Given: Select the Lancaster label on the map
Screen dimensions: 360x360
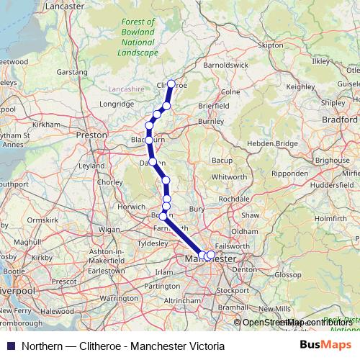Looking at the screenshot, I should point(65,6).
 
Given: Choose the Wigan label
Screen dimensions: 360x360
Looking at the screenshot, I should point(109,229).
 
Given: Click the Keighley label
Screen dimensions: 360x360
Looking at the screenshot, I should point(301,86).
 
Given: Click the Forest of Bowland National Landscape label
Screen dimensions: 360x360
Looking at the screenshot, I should point(139,37).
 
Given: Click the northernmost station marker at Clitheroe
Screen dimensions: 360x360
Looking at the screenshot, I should point(171,84).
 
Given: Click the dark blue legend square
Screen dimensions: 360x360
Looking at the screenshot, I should point(10,346).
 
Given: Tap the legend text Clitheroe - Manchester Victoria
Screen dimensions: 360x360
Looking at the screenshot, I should point(144,346).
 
